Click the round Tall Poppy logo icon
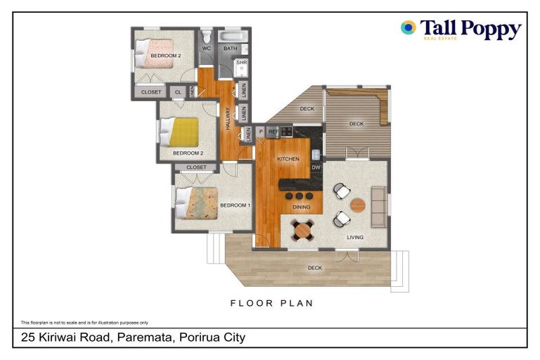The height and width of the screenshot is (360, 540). (409, 28)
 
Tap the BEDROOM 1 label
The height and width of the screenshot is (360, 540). (234, 205)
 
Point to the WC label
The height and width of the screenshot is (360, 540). (207, 49)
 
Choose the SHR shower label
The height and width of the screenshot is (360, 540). (241, 63)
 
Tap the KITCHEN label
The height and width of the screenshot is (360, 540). (288, 159)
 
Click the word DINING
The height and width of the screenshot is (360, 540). (302, 207)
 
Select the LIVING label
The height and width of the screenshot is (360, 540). (355, 238)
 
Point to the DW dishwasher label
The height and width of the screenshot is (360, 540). (316, 167)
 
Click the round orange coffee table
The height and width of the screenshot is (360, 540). (358, 205)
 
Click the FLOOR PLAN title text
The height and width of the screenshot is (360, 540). (271, 303)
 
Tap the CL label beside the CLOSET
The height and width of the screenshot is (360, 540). (178, 92)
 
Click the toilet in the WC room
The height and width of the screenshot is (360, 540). (207, 36)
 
